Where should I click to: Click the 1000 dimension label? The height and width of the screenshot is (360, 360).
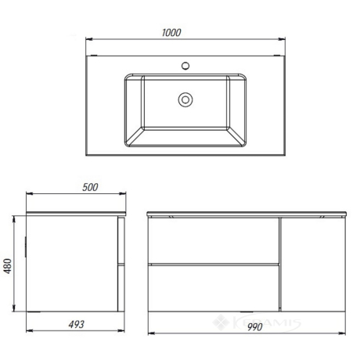[171, 33]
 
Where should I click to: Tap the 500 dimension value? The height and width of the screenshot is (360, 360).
[90, 187]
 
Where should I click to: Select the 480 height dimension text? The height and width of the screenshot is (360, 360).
[8, 266]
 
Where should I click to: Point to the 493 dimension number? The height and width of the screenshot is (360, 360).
[76, 324]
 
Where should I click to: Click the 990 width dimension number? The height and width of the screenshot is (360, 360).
[254, 327]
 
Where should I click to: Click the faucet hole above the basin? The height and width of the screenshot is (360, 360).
[185, 66]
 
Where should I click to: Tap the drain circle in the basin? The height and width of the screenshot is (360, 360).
[185, 99]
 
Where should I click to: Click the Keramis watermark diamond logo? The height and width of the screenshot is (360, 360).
[221, 322]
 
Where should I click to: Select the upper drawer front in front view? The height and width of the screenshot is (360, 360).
[214, 240]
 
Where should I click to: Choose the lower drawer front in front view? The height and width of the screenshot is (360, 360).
[214, 289]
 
